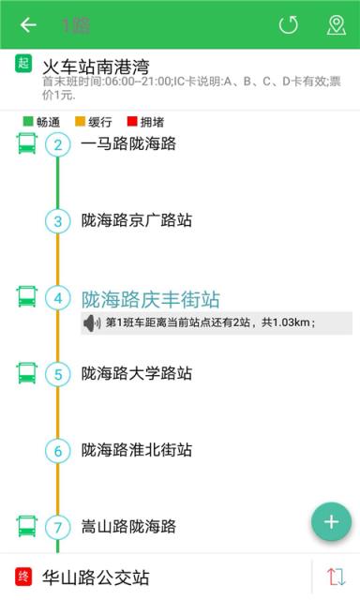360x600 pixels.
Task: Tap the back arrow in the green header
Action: pos(28,25)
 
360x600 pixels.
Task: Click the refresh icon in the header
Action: pos(288,25)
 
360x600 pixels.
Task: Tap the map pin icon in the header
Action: pos(336,25)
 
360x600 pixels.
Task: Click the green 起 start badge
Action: pos(24,65)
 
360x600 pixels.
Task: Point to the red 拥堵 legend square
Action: pos(130,122)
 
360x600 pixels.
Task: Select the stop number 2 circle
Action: pos(58,144)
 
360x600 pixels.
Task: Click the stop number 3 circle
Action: pos(58,221)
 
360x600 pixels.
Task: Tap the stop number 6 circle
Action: pos(58,451)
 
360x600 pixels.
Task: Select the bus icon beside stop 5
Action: pos(26,373)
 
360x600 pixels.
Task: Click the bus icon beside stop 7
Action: pos(26,526)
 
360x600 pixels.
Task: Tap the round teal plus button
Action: pos(331,521)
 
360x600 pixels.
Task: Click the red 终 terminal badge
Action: pos(24,577)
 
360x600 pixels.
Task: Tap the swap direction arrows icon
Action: pos(337,577)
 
